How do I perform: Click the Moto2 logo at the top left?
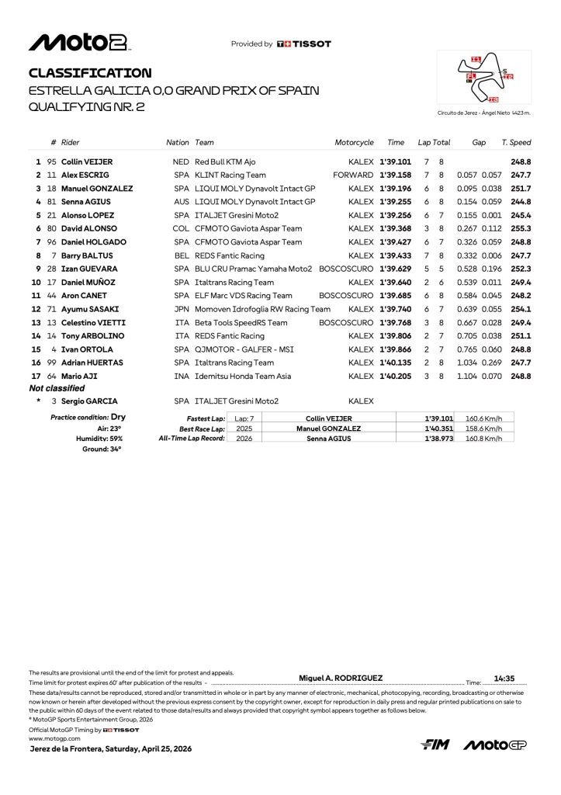point(79,43)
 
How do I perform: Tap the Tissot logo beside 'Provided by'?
point(303,44)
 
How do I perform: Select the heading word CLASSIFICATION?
point(90,73)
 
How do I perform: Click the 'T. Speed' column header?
point(516,143)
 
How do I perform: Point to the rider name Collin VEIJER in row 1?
point(86,161)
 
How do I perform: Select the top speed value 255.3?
point(521,228)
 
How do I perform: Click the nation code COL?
point(181,228)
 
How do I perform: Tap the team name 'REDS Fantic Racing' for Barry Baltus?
point(230,255)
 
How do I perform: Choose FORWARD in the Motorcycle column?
point(353,175)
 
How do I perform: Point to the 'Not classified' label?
point(57,387)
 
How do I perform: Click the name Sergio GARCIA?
point(86,401)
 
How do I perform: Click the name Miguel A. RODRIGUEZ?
point(341,678)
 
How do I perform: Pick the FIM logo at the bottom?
point(435,745)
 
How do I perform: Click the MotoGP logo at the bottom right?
point(496,745)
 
